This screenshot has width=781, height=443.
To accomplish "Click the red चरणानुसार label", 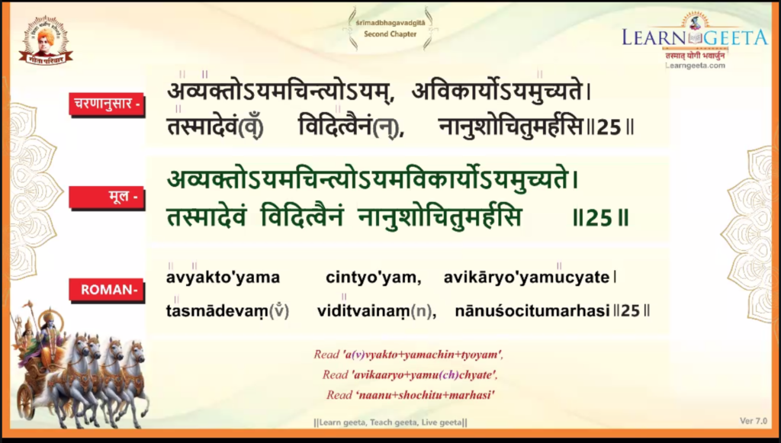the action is (107, 104).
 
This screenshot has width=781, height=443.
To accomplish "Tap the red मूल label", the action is (107, 197).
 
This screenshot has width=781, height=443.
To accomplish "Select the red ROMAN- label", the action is (107, 290).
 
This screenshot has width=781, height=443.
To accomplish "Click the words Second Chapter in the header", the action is (390, 34).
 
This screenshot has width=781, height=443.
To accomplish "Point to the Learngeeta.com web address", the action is (696, 66).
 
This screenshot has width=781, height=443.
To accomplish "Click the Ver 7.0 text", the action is (754, 421).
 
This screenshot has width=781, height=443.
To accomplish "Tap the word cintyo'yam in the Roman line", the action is (373, 278).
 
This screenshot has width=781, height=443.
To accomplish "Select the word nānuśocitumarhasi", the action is (532, 311).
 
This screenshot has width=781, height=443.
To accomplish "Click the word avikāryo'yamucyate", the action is (526, 278).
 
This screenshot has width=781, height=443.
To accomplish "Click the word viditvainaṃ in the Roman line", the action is (364, 311).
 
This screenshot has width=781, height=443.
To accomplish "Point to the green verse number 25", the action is (599, 218).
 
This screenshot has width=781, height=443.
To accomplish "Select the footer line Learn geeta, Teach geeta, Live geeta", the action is (390, 422).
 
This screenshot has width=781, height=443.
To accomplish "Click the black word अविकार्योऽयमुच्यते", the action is (497, 91).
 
